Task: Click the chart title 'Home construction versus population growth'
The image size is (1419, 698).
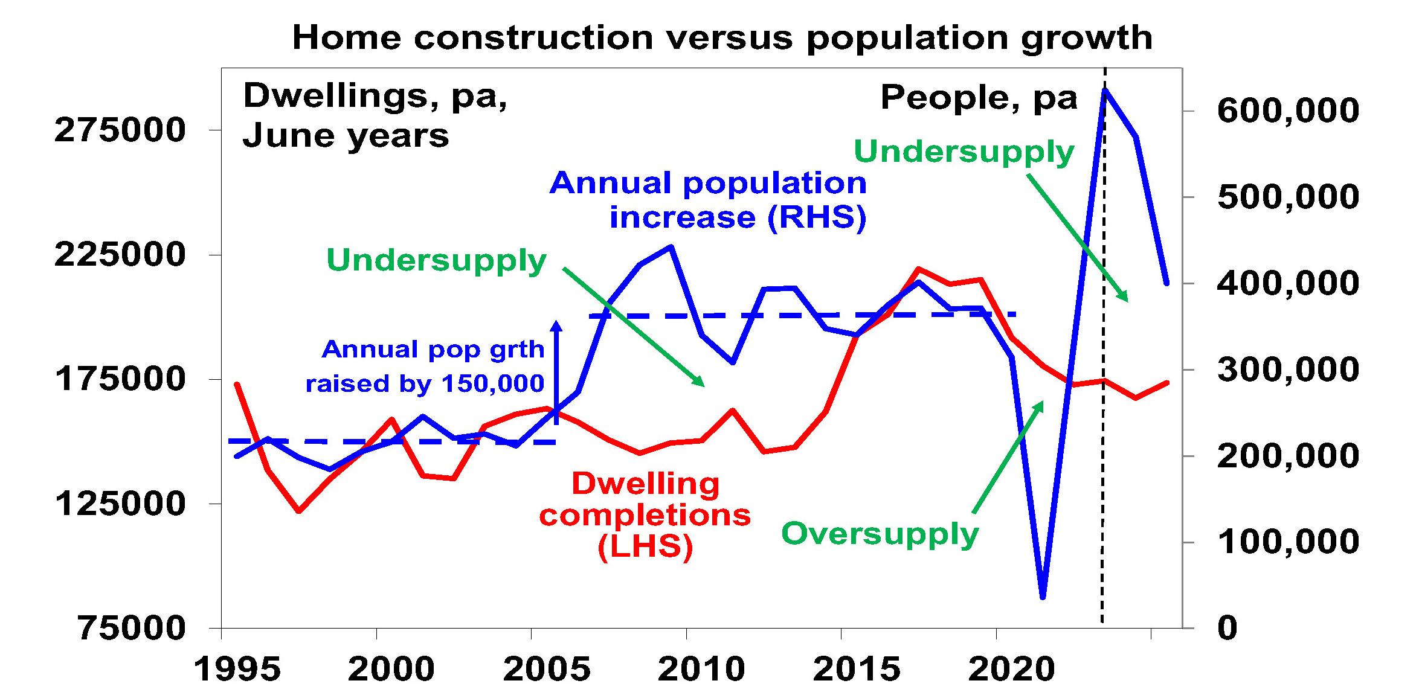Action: point(722,37)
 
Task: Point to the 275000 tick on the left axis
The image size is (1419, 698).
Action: point(120,130)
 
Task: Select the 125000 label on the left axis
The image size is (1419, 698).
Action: point(120,503)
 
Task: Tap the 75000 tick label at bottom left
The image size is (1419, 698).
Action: point(131,628)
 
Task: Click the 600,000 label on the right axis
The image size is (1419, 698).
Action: point(1288,110)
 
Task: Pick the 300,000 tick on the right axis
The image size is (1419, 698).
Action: point(1288,370)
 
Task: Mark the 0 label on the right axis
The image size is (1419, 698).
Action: point(1227,628)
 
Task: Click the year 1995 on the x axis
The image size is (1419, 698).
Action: point(237,669)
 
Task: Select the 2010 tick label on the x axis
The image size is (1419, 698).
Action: point(701,669)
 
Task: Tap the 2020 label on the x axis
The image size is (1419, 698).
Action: point(1012,669)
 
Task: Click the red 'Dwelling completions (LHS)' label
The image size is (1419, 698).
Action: point(645,515)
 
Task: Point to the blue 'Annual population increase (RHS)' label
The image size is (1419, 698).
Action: point(708,200)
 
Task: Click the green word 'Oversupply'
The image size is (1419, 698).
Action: point(880,534)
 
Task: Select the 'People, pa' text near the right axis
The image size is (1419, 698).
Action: point(979,98)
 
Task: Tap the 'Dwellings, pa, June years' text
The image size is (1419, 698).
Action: point(375,115)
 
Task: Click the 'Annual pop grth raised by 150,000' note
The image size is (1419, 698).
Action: point(425,366)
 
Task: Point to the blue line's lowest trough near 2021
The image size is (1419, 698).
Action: point(1043,597)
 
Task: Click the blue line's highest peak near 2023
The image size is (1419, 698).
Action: point(1105,90)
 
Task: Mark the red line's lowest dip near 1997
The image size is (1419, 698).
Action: point(298,511)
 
